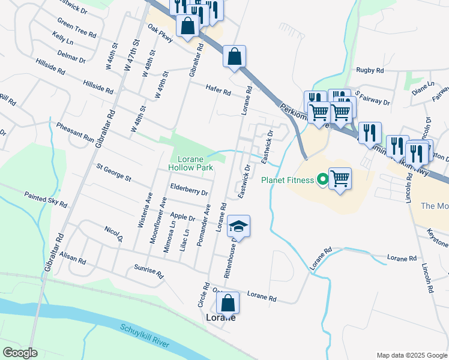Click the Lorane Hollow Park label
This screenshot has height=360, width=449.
pos(190,164)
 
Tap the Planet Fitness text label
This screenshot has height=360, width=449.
pos(288,179)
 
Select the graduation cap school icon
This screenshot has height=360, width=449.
pos(238,226)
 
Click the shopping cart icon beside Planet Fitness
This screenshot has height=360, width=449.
pos(340,178)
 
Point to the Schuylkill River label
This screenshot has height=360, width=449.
pos(145,337)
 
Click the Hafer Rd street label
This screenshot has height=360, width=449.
pos(218,90)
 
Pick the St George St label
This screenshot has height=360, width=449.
pos(113,173)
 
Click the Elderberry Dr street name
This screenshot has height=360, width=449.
pos(188,190)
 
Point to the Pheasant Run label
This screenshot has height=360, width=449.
pos(75,132)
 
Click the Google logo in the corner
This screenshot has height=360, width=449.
pos(20,352)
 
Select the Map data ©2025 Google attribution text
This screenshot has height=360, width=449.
pos(411,355)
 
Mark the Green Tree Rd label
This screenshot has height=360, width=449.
pos(77,27)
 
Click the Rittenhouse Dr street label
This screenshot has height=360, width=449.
pos(231,262)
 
